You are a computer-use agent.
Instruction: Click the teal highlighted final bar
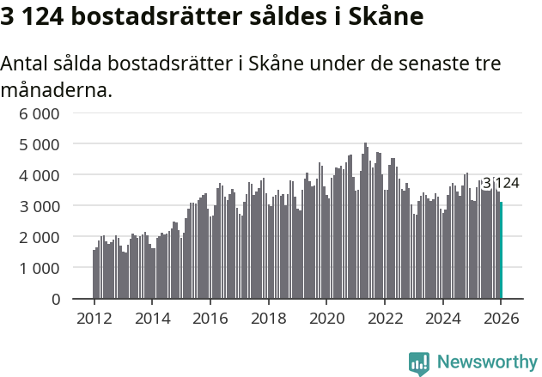501,251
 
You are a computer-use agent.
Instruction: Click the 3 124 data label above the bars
501,183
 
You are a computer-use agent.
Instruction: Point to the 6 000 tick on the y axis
40,113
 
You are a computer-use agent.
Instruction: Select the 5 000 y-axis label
40,144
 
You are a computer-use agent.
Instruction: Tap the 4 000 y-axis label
40,175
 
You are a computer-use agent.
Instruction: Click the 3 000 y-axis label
40,206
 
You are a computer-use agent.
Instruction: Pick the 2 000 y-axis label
40,237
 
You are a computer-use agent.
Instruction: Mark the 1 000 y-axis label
40,268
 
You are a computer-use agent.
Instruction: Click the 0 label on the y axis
55,299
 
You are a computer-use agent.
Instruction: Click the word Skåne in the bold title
387,17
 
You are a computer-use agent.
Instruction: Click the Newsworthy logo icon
419,362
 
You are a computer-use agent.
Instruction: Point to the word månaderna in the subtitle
57,89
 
